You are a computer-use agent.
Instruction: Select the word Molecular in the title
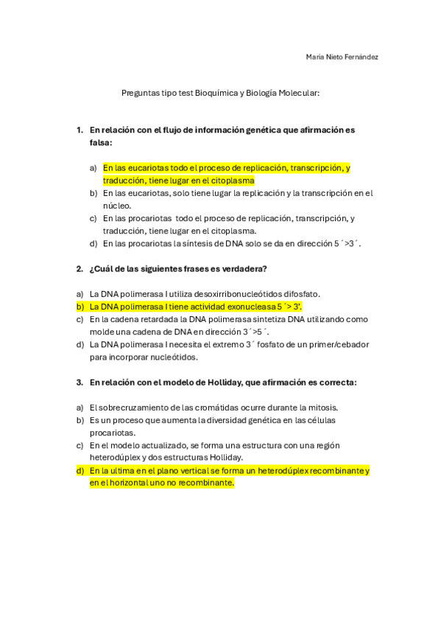tap(297, 94)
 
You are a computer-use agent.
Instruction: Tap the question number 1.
tap(79, 130)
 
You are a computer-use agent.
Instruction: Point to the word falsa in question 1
tap(101, 142)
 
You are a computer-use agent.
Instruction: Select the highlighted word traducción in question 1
tap(124, 181)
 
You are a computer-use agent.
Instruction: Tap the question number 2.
tap(79, 268)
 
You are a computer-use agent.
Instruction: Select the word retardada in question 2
tap(155, 319)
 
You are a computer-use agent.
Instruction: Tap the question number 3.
tap(79, 383)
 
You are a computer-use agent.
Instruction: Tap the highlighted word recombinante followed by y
tap(336, 471)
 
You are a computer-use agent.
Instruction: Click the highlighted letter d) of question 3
tap(80, 471)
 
